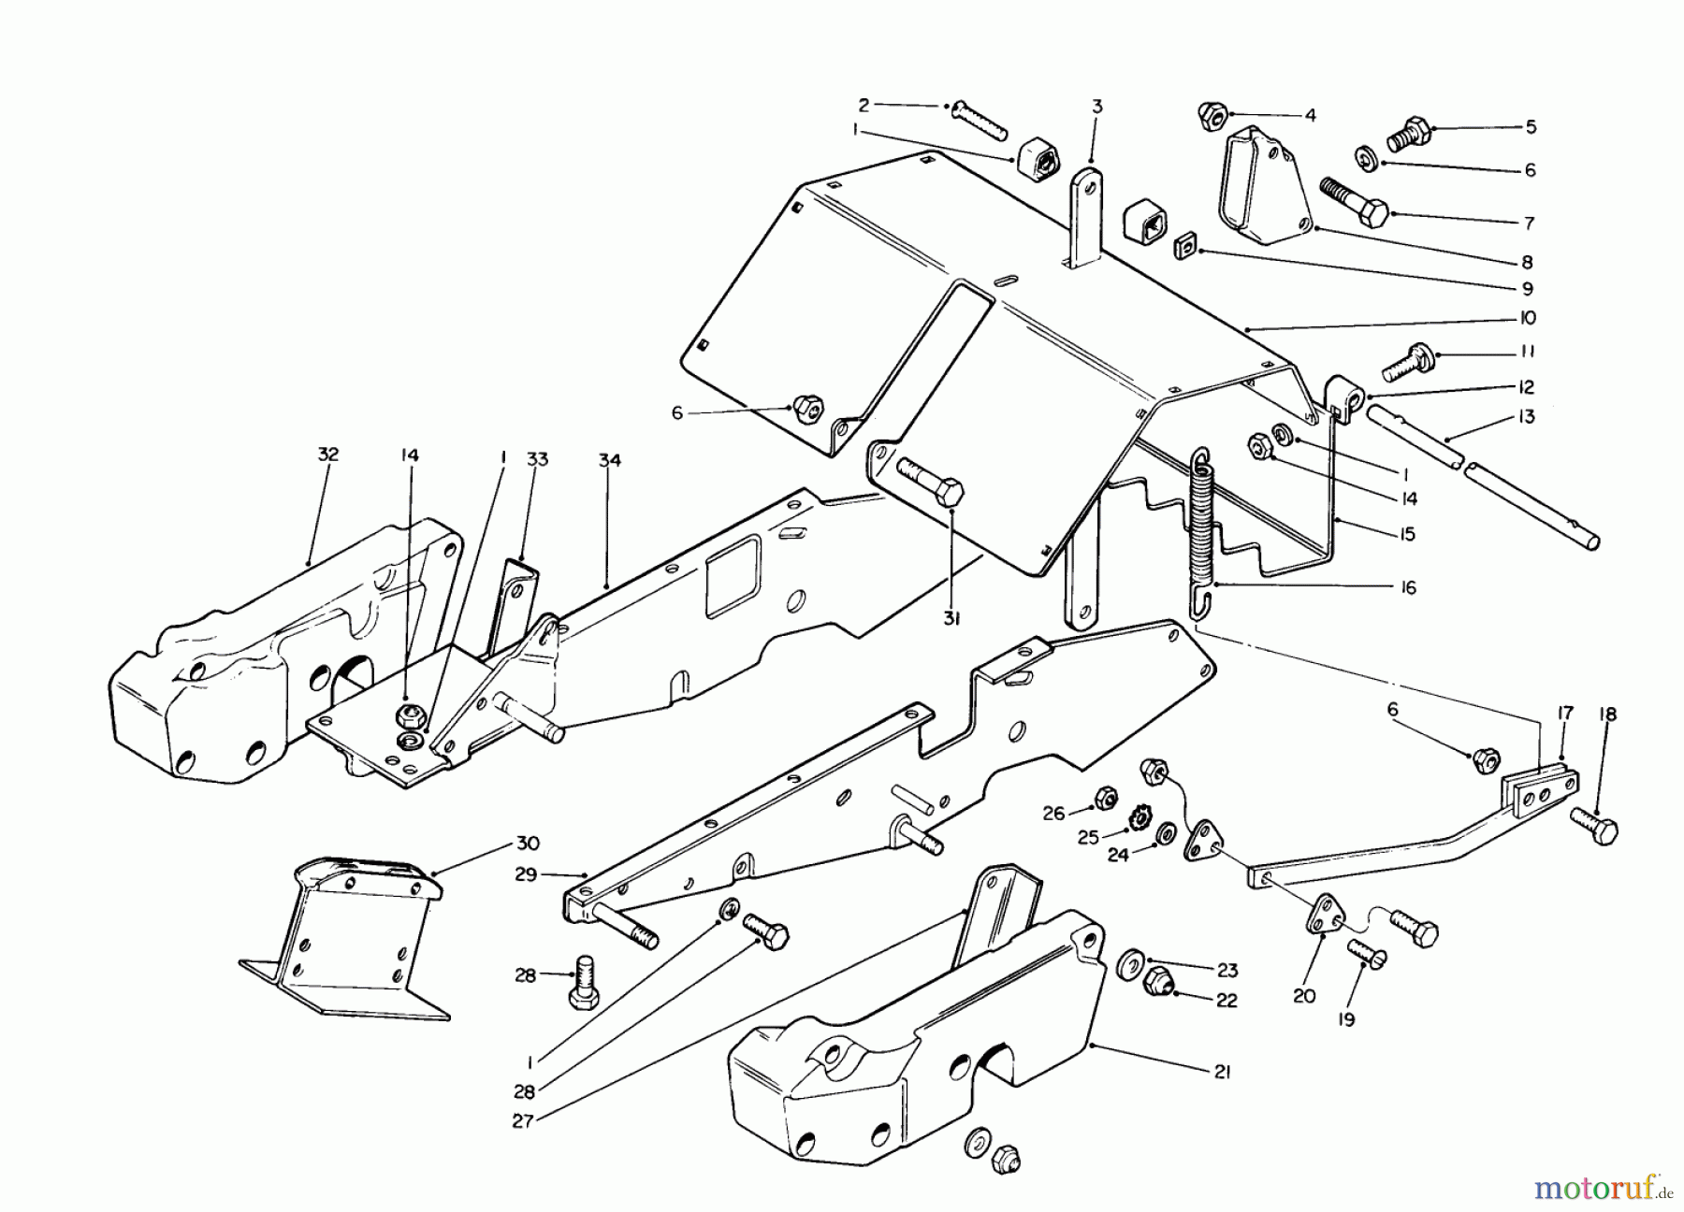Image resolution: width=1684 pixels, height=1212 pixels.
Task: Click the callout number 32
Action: click(328, 454)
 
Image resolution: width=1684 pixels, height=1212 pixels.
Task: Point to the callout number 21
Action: click(1223, 1073)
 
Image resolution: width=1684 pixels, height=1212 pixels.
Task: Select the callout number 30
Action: click(528, 844)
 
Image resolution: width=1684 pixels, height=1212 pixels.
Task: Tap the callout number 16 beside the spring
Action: click(1408, 587)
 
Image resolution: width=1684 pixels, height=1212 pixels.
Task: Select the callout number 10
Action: click(1527, 318)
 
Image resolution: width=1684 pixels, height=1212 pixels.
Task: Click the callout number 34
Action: click(610, 460)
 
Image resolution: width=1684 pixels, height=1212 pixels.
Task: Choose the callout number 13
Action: click(1527, 417)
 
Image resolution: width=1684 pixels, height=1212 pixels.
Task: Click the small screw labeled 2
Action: click(978, 120)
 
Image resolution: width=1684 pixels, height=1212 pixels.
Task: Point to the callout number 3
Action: click(1096, 108)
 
